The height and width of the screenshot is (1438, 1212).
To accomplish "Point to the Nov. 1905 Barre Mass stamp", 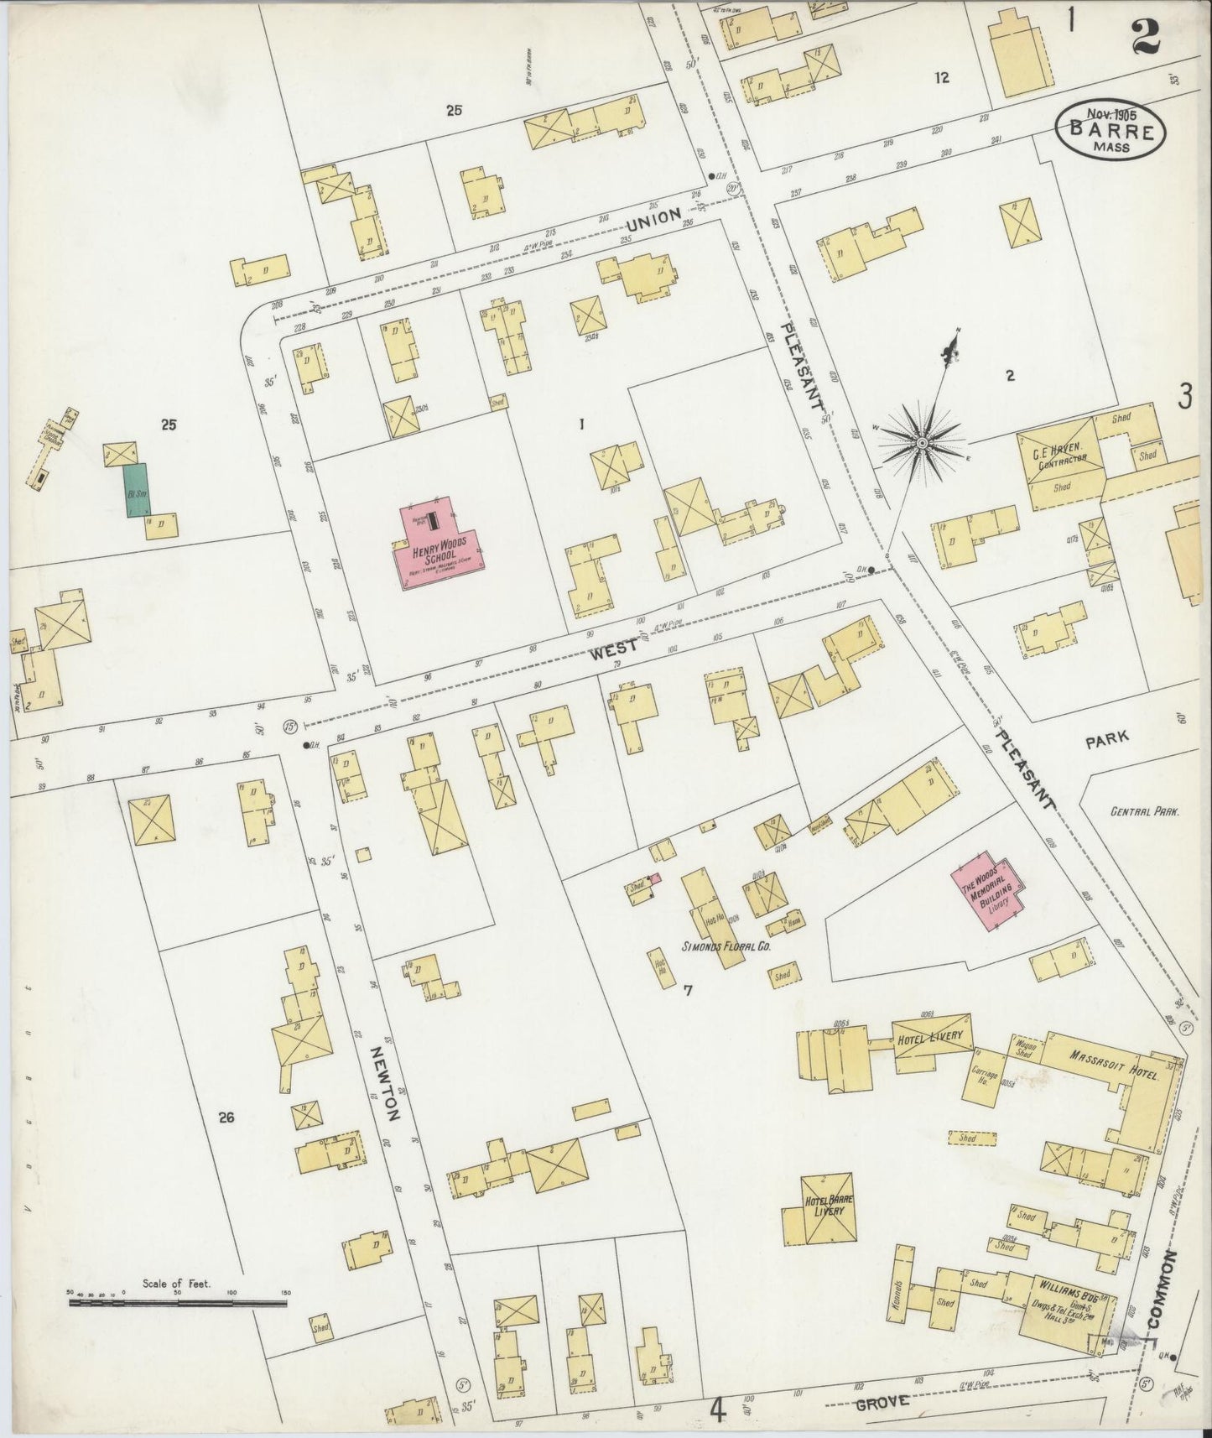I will [1110, 130].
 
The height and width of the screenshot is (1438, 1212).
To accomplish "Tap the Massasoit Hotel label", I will [1100, 1063].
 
